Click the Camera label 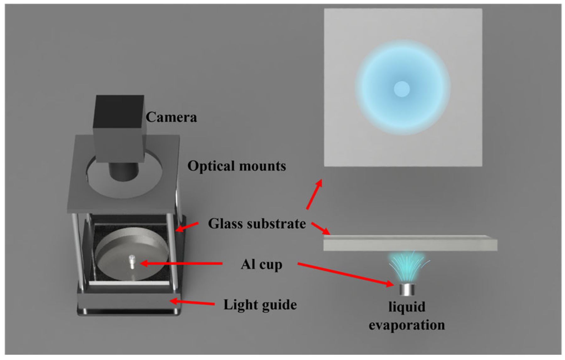pos(171,117)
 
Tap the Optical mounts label pos(236,166)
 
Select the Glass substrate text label pos(257,224)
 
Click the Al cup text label pos(261,264)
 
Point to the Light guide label pos(260,304)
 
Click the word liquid pos(407,307)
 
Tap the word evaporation pos(407,325)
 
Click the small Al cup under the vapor pos(407,289)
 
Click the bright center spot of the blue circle pos(402,89)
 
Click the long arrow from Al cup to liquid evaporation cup pos(345,274)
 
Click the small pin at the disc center pos(132,261)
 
